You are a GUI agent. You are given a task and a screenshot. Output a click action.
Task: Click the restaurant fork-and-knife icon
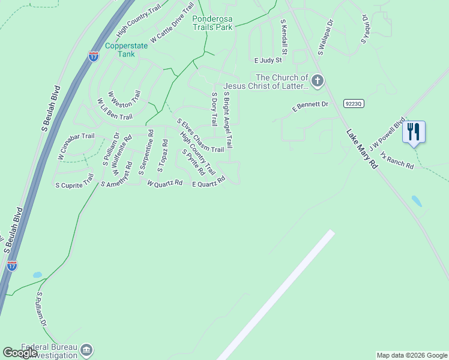pos(414,131)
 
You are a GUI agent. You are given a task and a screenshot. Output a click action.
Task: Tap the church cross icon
pos(318,80)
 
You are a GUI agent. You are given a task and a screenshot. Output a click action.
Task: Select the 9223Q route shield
pos(354,103)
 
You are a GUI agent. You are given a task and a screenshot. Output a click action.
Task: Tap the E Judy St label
pos(268,61)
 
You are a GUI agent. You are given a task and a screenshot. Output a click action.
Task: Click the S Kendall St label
pos(284,37)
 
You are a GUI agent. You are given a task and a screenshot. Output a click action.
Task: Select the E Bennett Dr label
pos(310,106)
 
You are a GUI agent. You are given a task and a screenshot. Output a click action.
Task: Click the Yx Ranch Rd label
pos(397,160)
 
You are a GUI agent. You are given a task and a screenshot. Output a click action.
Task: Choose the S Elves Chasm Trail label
pos(200,136)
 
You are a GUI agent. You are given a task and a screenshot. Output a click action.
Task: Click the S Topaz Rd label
pos(163,155)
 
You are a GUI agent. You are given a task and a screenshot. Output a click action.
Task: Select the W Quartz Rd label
pos(164,183)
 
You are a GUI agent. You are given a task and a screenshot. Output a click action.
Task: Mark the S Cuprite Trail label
pos(74,180)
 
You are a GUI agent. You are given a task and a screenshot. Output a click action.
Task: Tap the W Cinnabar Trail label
pos(76,146)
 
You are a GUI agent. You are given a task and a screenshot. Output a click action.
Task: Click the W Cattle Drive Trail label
pos(172,23)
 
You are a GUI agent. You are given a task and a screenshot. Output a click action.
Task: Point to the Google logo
pos(20,353)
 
